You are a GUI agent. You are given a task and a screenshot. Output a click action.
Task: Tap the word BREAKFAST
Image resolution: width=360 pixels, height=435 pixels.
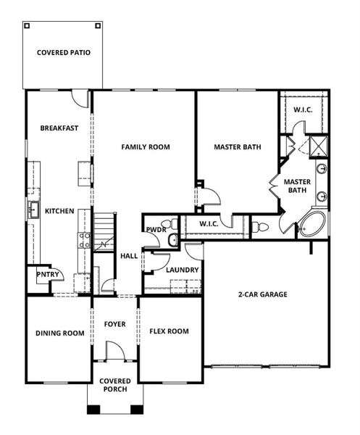59,128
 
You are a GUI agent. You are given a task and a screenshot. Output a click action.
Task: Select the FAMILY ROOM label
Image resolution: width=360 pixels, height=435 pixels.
146,147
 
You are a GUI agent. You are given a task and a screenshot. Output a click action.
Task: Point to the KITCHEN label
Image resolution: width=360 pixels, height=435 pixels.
59,211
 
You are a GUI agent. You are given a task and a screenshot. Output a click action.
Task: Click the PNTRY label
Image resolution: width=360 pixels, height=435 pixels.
39,275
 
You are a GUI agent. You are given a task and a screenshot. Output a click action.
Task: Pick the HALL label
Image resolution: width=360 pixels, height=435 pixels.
129,256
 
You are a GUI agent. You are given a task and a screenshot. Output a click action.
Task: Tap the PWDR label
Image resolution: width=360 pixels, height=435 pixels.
156,229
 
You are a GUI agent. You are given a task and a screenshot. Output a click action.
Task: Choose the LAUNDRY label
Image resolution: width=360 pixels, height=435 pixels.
182,270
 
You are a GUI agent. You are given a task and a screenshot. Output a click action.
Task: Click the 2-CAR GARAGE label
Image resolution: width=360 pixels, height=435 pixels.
263,295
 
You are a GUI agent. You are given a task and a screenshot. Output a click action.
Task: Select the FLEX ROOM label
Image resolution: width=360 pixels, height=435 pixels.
169,331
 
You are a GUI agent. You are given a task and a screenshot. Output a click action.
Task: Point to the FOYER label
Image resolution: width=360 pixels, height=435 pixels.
115,324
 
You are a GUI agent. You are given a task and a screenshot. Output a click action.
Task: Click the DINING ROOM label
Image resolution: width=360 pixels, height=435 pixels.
60,333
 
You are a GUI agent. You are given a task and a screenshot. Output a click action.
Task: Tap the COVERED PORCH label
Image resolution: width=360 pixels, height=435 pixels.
115,385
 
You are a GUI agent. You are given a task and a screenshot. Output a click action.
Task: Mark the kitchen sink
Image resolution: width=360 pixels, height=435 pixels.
33,210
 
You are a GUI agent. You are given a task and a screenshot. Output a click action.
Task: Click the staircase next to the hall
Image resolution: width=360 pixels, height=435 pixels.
104,232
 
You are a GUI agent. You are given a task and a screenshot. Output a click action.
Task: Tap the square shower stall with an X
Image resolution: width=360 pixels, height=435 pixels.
318,147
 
